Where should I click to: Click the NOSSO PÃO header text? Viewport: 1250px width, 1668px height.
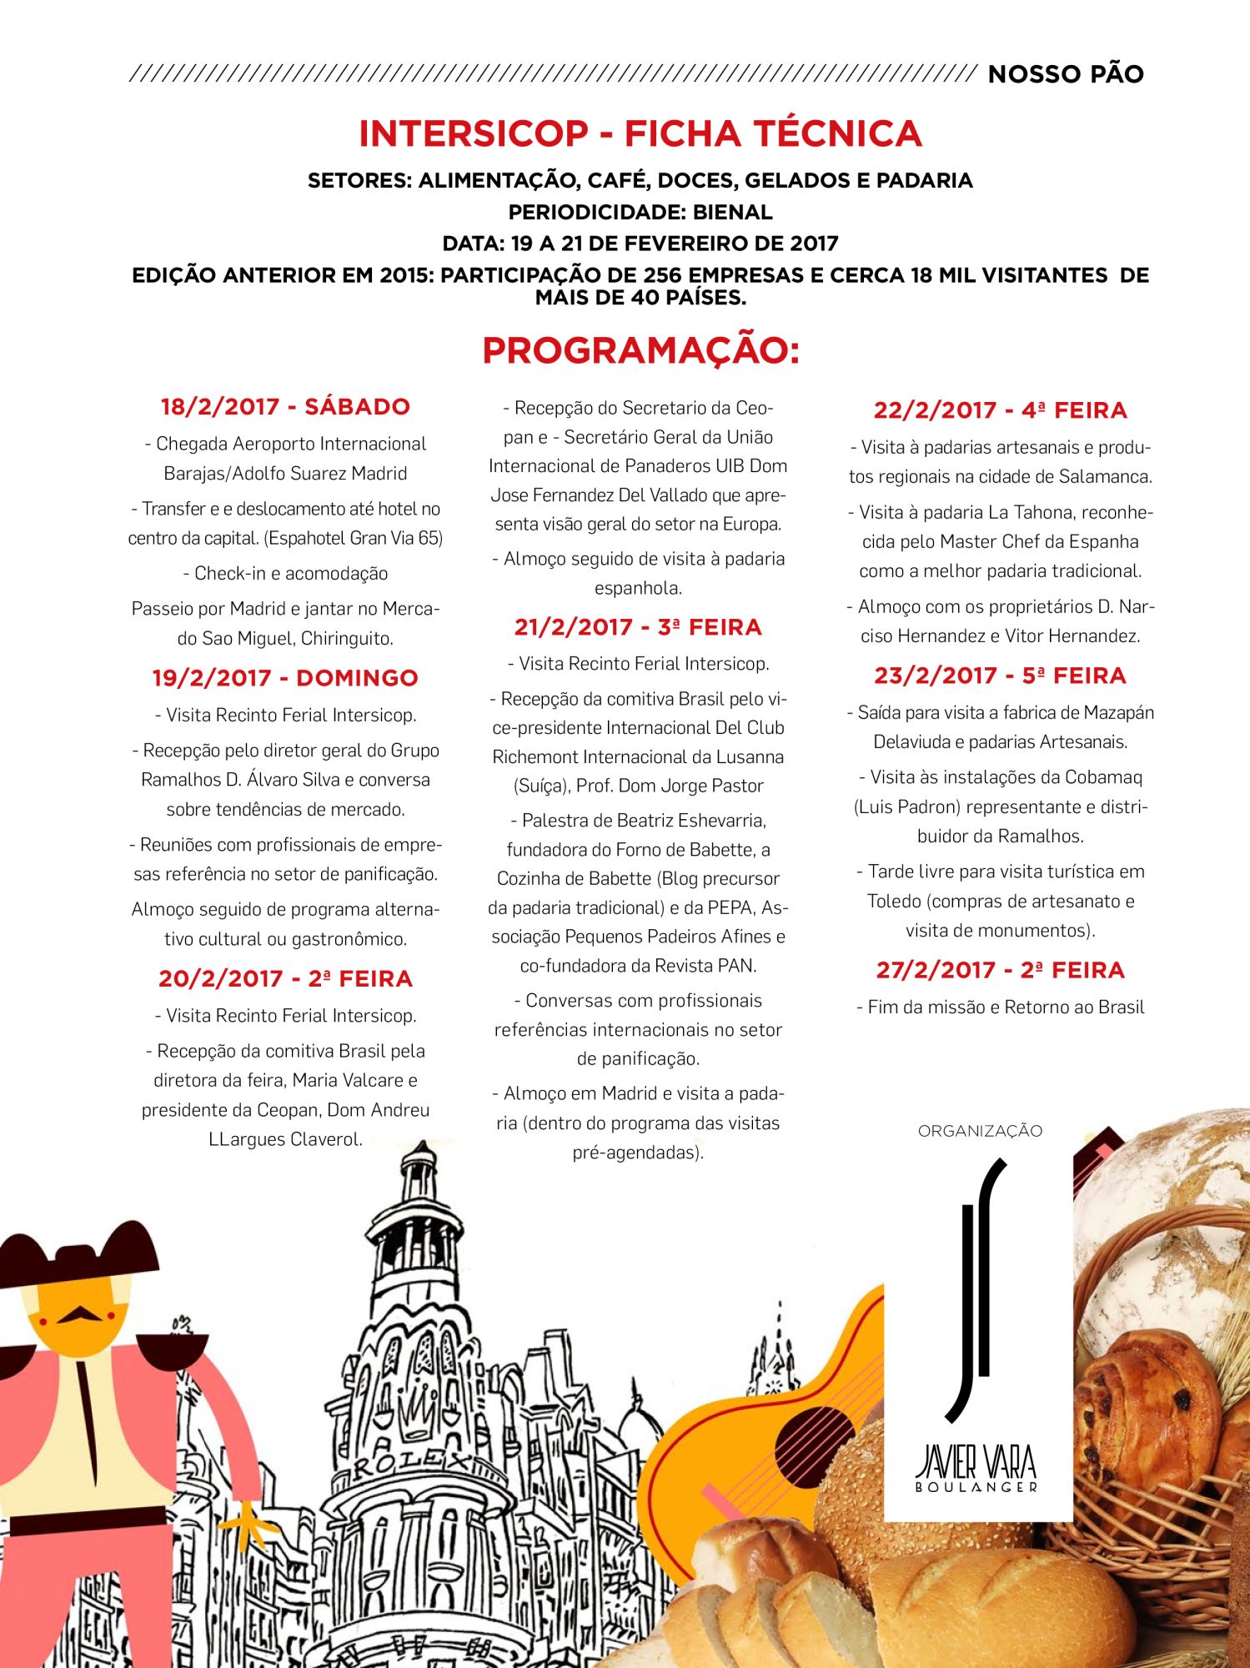(x=1065, y=74)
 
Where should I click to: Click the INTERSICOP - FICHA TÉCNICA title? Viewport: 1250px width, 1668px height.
(x=640, y=133)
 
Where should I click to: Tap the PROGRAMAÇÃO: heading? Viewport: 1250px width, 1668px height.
(x=640, y=350)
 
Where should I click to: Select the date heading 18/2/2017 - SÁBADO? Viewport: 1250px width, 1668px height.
(x=285, y=407)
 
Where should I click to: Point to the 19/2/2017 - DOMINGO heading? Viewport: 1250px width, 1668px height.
(x=285, y=678)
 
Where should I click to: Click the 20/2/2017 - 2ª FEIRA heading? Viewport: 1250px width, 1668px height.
(x=285, y=978)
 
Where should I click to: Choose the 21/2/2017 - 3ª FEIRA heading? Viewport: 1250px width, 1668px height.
(x=638, y=627)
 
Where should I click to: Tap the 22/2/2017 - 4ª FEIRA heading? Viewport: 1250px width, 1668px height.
(x=1000, y=410)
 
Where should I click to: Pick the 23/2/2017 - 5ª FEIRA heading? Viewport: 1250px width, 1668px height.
(x=1000, y=676)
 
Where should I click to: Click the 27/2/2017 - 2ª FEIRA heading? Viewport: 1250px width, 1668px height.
(x=1000, y=970)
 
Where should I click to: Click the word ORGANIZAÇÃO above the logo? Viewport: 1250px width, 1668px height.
(x=980, y=1132)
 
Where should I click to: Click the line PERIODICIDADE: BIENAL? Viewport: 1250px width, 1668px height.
(x=640, y=212)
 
